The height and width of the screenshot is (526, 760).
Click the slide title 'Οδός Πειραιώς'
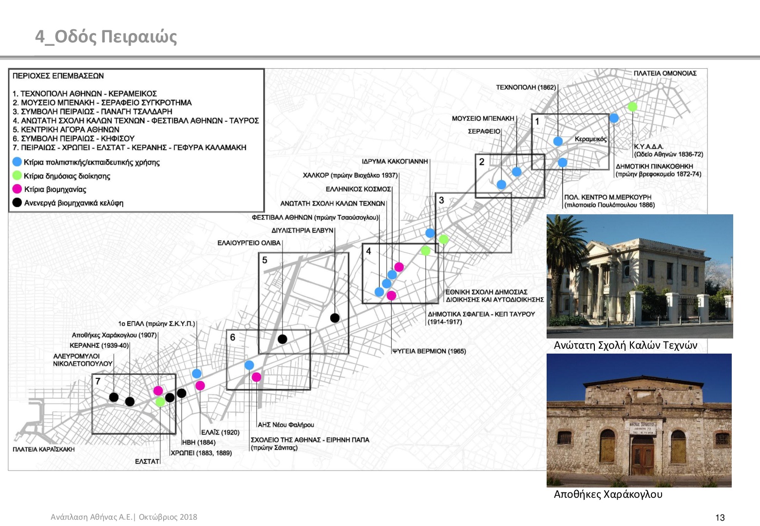115,37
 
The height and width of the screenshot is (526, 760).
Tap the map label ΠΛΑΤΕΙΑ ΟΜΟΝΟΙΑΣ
665,73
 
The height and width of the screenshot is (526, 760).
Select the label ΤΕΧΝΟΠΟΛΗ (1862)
526,87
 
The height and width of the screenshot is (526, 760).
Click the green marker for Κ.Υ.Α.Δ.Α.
632,107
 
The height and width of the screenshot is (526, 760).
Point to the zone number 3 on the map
441,200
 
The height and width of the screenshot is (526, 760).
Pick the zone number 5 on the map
265,260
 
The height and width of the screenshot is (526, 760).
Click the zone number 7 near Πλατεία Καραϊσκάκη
98,381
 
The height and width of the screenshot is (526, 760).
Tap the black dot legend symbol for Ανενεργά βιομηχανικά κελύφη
17,203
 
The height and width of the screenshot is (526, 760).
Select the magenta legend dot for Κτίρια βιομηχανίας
17,189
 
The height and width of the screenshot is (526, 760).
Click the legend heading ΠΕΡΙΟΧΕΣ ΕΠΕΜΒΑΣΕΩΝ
58,76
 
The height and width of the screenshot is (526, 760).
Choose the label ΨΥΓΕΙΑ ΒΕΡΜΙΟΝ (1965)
429,351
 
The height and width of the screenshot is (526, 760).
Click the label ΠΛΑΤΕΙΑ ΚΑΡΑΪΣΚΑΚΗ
43,450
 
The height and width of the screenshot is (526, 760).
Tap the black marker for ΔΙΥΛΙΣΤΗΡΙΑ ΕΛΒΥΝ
335,318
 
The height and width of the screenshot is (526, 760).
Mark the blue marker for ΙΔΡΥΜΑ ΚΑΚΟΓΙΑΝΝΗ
430,233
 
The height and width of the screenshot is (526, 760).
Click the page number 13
720,518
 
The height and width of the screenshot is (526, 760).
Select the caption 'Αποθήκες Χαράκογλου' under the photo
608,494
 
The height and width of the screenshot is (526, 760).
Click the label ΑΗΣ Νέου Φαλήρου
285,425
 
